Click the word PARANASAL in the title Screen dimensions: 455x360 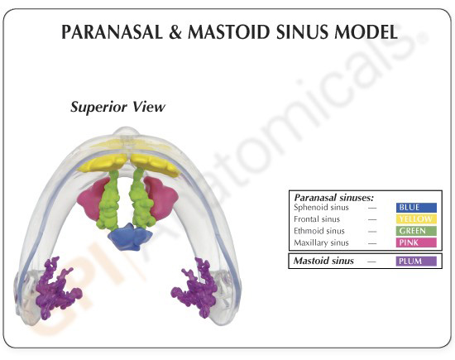(x=112, y=32)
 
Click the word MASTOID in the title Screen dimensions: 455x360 (x=230, y=32)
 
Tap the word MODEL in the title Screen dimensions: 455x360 (x=366, y=32)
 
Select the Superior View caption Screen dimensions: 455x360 (x=117, y=107)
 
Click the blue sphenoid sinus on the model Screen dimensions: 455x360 (x=130, y=237)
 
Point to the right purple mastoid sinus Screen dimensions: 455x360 (x=196, y=286)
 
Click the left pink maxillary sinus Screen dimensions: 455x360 (x=91, y=199)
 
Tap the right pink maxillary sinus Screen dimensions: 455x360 (x=162, y=198)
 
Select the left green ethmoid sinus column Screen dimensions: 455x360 (x=109, y=200)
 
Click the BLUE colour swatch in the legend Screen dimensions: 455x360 (x=416, y=208)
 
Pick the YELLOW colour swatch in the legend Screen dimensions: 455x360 (x=416, y=219)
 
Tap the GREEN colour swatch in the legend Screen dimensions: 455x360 (x=416, y=231)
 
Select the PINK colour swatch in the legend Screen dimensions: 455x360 (x=416, y=242)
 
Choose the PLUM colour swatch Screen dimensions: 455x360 (x=416, y=261)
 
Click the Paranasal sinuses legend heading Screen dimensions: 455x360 (x=334, y=198)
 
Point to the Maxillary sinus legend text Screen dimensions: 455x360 (x=321, y=242)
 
